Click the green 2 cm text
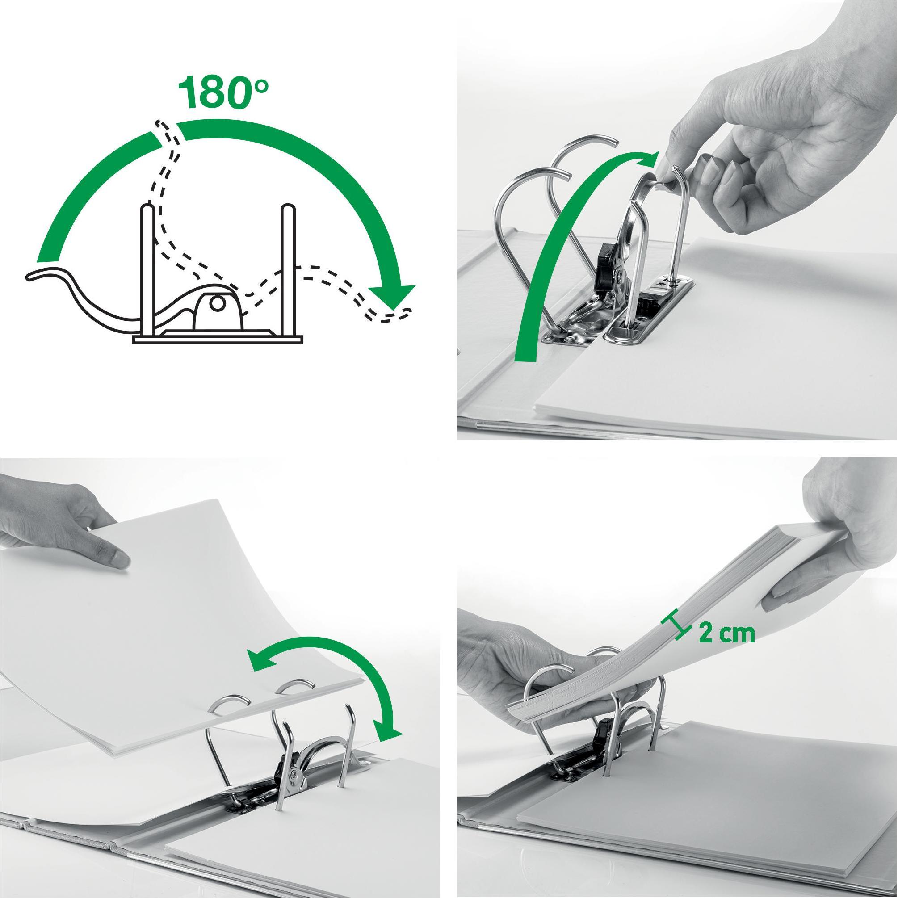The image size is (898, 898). pyautogui.click(x=726, y=633)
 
